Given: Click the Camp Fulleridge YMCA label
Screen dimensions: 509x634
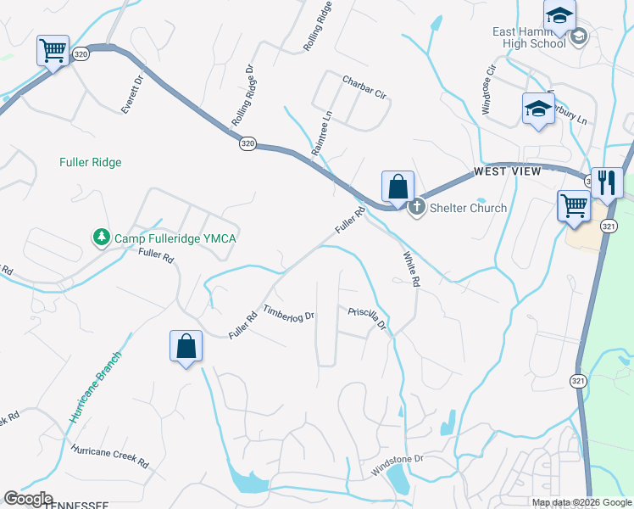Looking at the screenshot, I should pyautogui.click(x=175, y=238).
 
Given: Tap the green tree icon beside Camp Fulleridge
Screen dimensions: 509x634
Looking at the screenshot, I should pyautogui.click(x=101, y=236).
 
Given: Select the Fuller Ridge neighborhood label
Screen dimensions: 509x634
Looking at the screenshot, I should pyautogui.click(x=91, y=162).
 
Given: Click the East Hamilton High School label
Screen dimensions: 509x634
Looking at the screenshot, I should pyautogui.click(x=529, y=37).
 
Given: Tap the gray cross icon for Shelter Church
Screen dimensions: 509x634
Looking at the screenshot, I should pyautogui.click(x=416, y=207).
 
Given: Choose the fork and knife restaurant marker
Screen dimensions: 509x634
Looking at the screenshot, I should pyautogui.click(x=607, y=182).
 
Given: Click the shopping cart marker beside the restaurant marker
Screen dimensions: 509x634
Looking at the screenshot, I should pyautogui.click(x=574, y=204).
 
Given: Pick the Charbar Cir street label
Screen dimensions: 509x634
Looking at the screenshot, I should pyautogui.click(x=364, y=87).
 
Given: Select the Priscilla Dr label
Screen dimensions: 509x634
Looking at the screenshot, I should pyautogui.click(x=368, y=318).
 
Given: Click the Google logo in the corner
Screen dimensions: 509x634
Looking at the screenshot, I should pyautogui.click(x=28, y=499).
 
